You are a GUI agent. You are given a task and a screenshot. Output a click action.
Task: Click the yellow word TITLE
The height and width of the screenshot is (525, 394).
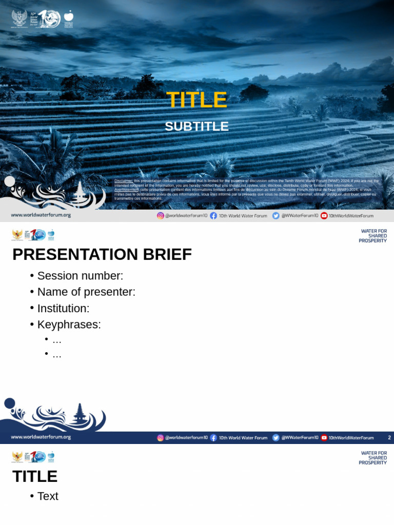point(196,100)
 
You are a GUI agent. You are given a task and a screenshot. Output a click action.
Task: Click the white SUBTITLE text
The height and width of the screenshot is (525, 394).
point(196,127)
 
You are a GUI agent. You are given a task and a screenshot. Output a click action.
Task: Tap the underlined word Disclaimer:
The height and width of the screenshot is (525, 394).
point(124,181)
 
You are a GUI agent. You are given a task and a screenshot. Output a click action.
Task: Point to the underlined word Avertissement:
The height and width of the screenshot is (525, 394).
point(127,190)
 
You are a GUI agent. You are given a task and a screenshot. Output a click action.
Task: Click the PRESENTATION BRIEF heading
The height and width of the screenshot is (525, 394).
point(102,254)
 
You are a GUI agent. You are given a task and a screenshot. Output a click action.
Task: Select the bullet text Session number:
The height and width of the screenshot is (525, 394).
point(80,276)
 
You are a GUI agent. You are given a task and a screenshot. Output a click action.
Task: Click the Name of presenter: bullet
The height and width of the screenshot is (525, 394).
point(86,292)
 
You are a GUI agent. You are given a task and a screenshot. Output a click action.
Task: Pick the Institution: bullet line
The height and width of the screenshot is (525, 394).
point(63,309)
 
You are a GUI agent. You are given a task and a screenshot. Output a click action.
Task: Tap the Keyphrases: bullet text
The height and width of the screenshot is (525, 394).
point(69,325)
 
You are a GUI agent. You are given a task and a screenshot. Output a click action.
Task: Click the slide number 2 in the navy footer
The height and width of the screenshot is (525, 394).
point(389,438)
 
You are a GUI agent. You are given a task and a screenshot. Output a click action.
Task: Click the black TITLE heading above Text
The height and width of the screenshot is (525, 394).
point(35,476)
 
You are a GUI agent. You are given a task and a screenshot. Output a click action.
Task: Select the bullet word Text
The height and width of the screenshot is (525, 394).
point(48,496)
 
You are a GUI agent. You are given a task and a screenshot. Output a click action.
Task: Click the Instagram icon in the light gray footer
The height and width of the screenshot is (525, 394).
point(161,216)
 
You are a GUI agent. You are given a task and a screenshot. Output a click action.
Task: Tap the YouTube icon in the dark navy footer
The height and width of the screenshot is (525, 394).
point(324,438)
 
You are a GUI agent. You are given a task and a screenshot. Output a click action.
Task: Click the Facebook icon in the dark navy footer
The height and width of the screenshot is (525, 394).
point(213,438)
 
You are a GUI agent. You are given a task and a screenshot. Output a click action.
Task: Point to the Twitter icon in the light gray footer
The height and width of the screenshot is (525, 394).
point(276,216)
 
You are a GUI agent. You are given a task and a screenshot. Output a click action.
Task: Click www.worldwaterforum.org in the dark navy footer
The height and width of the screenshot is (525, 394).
point(41,437)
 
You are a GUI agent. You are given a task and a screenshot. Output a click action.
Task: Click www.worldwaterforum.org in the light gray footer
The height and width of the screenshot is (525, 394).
point(41,215)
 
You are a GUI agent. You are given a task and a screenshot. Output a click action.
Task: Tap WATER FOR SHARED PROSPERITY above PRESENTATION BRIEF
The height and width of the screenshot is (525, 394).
point(373,236)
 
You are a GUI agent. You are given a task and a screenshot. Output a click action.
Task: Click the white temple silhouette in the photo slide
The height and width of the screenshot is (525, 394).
point(80,195)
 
